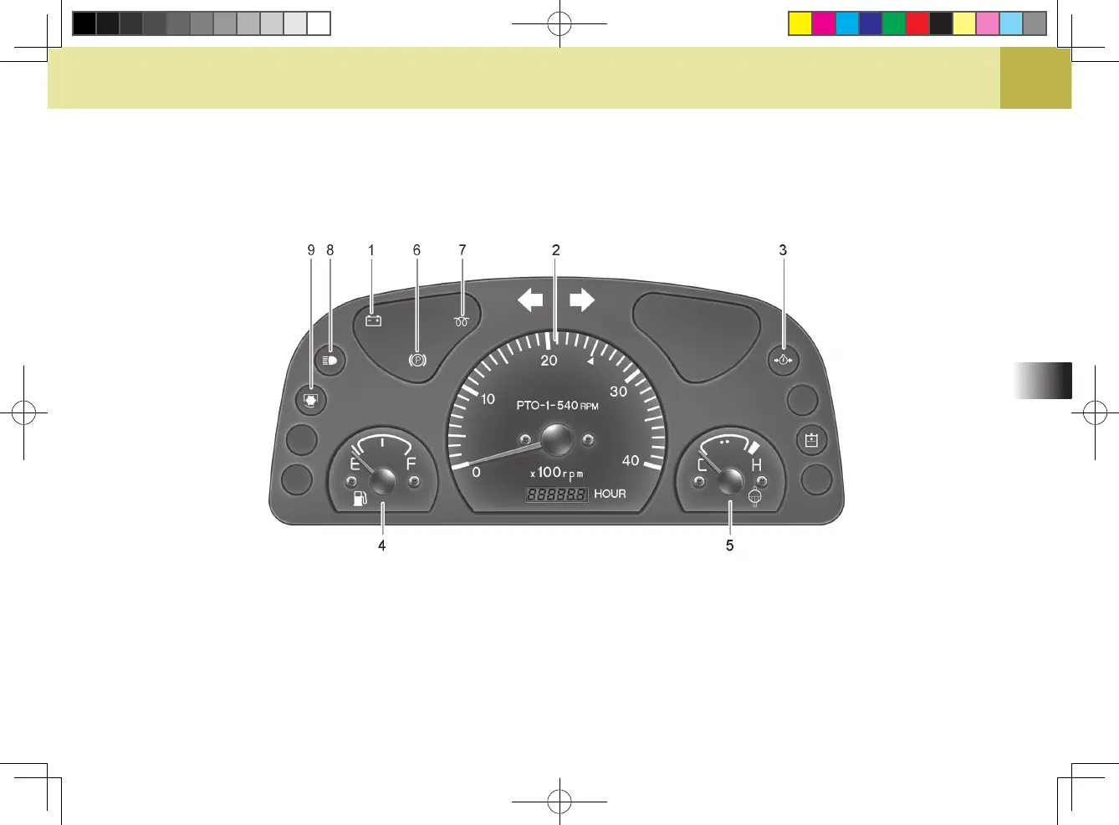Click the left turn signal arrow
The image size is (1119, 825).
pos(530,300)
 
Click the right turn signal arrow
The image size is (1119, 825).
pos(582,300)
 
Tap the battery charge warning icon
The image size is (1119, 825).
pos(373,320)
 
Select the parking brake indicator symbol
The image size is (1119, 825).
pos(417,361)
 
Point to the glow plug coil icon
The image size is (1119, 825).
pos(461,321)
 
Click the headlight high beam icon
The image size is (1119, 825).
pos(330,361)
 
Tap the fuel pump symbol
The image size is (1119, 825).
pos(360,500)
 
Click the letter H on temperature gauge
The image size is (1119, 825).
pos(756,465)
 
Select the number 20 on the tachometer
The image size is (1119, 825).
pos(549,361)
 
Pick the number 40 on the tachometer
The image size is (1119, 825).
pos(631,461)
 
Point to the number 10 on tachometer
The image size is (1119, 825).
pos(488,399)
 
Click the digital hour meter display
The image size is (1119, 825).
pos(556,494)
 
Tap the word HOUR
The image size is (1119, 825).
pos(610,494)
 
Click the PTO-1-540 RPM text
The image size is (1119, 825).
pos(557,406)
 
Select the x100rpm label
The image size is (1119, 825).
pos(557,473)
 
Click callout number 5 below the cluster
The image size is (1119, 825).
pos(729,546)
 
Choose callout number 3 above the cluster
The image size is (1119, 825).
pos(783,250)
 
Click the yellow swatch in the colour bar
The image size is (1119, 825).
pos(800,23)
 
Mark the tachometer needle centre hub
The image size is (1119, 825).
pos(556,439)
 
